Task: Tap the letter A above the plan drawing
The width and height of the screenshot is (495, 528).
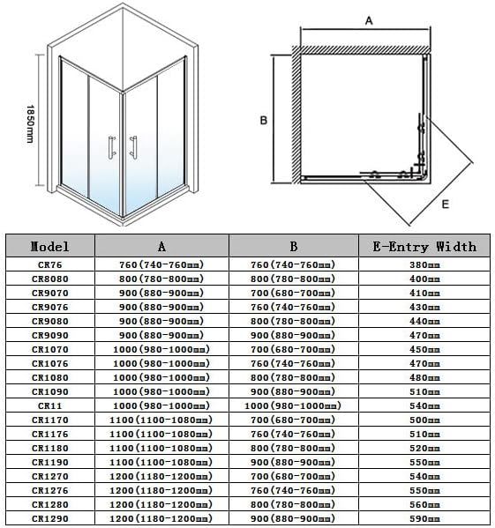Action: (x=368, y=19)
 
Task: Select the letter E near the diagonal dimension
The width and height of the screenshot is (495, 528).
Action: (x=445, y=204)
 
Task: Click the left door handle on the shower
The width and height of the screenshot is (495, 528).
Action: (x=111, y=148)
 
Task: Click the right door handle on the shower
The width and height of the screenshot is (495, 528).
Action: (x=133, y=148)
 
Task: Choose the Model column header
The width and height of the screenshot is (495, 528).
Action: (x=49, y=247)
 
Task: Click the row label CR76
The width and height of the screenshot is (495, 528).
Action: (x=49, y=264)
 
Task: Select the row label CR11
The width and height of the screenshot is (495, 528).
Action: (x=49, y=405)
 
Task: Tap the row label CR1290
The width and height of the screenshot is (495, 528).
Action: (x=49, y=518)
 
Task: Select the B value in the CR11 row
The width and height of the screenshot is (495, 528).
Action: (x=293, y=405)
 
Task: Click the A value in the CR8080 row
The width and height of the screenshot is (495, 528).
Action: (x=161, y=279)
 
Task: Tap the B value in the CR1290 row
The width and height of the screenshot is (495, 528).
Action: (x=293, y=518)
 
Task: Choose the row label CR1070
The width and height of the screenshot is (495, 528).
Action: (x=49, y=349)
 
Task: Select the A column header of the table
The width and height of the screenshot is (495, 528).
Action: (x=161, y=247)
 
